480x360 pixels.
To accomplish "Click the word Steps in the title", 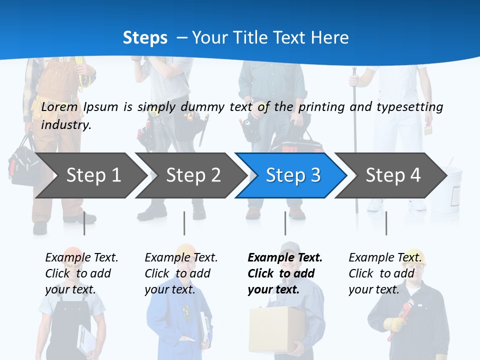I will point(145,37).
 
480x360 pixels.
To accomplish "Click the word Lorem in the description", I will point(59,106).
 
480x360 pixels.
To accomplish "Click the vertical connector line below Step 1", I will point(84,223).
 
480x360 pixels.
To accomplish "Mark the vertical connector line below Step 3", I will point(285,223).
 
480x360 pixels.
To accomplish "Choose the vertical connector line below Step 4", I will point(386,223).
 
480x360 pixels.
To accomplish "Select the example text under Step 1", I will point(81,273).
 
